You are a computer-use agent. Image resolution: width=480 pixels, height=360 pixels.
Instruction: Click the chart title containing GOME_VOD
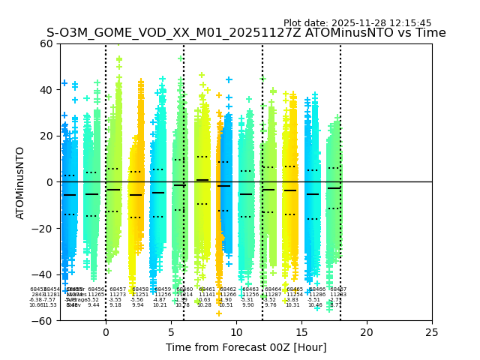246,33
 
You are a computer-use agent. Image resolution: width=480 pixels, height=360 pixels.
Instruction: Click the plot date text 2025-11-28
357,23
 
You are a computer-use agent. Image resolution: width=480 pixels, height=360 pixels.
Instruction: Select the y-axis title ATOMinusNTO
20,182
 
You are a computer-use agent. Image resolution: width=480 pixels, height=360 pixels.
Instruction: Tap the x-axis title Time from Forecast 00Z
246,347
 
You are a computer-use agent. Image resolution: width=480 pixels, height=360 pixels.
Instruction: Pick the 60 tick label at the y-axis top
46,43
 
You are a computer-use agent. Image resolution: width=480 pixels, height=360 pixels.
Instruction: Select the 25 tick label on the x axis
432,332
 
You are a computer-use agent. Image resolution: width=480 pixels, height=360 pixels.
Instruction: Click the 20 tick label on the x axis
367,332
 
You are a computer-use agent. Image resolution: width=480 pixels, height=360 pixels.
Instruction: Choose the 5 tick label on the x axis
171,332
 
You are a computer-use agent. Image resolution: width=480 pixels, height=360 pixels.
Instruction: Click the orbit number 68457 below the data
118,289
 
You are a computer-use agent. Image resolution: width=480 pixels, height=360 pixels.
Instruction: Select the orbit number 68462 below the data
228,289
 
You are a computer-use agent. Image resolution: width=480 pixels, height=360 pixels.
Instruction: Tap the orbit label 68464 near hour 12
273,289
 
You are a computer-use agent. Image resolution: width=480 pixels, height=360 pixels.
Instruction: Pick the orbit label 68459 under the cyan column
162,289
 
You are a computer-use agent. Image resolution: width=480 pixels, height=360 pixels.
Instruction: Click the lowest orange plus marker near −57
219,313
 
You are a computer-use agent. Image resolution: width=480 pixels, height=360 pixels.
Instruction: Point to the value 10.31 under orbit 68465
292,305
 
